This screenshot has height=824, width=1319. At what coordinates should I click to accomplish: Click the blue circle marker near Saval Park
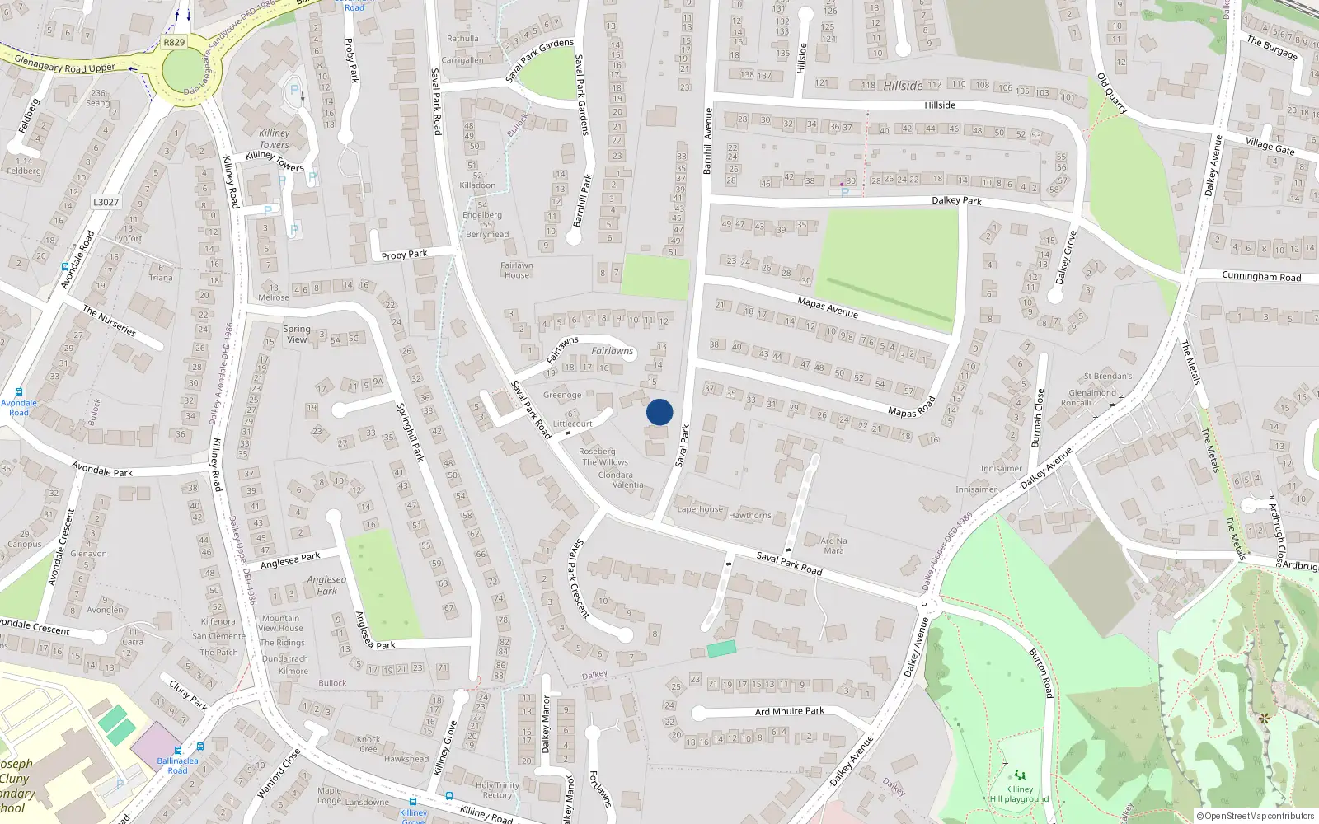click(659, 412)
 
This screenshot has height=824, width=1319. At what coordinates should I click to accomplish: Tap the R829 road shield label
click(174, 42)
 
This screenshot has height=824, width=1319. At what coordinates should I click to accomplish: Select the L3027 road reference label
click(106, 202)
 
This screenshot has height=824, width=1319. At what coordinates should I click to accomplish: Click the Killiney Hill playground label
click(1019, 794)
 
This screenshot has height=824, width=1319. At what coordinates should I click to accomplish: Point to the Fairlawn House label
click(517, 269)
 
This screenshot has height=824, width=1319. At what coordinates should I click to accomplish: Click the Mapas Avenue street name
click(828, 307)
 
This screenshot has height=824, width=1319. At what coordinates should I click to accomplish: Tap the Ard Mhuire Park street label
click(789, 711)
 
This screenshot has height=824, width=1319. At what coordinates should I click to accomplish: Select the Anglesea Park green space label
click(326, 585)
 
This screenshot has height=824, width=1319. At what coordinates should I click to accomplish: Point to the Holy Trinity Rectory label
click(497, 789)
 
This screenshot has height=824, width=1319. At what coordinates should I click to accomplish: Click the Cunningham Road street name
click(1261, 277)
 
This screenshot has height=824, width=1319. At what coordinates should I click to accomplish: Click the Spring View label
click(297, 334)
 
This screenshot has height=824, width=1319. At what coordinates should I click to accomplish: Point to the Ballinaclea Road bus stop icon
click(200, 747)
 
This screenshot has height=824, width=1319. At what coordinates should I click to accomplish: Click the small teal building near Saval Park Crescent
click(721, 648)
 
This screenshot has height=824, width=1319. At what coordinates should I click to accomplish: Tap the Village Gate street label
click(1270, 147)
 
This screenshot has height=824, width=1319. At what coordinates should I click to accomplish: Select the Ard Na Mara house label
click(833, 545)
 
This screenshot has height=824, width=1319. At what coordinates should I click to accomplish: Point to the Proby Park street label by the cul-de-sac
click(404, 255)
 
